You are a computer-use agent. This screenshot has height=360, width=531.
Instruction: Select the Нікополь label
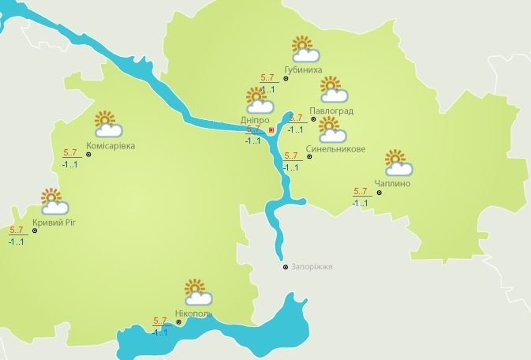194,314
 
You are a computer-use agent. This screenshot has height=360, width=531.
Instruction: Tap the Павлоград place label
331,110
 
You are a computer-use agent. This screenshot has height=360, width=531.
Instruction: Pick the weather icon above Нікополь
196,291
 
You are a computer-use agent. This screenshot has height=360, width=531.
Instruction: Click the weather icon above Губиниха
304,49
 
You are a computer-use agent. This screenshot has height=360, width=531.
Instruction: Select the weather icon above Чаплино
398,162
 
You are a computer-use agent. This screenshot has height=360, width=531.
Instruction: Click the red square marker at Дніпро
271,129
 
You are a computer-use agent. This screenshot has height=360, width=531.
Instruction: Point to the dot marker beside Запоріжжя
286,267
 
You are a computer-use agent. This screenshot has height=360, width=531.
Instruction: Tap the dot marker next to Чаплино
379,192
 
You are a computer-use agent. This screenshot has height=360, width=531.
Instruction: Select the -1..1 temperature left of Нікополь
160,332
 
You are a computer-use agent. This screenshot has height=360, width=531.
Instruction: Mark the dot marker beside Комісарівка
88,155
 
